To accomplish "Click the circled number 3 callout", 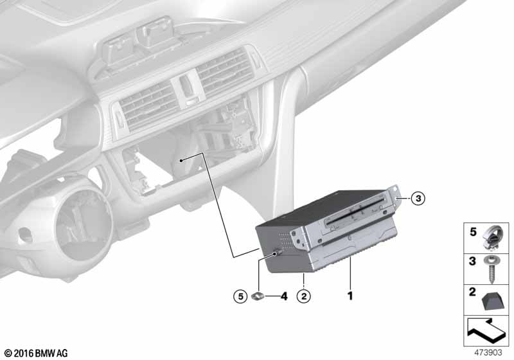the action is [418, 198].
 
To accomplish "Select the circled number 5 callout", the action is [240, 296].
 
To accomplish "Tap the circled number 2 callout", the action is [303, 296].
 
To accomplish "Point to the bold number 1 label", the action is [350, 296].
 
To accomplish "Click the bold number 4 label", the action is [284, 296].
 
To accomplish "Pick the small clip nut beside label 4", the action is [258, 296].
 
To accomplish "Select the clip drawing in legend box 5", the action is [491, 238].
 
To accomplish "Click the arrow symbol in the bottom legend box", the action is [486, 331].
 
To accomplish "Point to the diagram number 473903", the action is [488, 352].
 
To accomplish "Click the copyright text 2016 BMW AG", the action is [37, 353].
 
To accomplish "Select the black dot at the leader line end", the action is [181, 160].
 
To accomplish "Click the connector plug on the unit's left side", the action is [277, 253].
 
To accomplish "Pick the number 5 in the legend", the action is [473, 232].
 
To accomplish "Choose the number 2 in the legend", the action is [472, 292].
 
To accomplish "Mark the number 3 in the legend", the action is [472, 261].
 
